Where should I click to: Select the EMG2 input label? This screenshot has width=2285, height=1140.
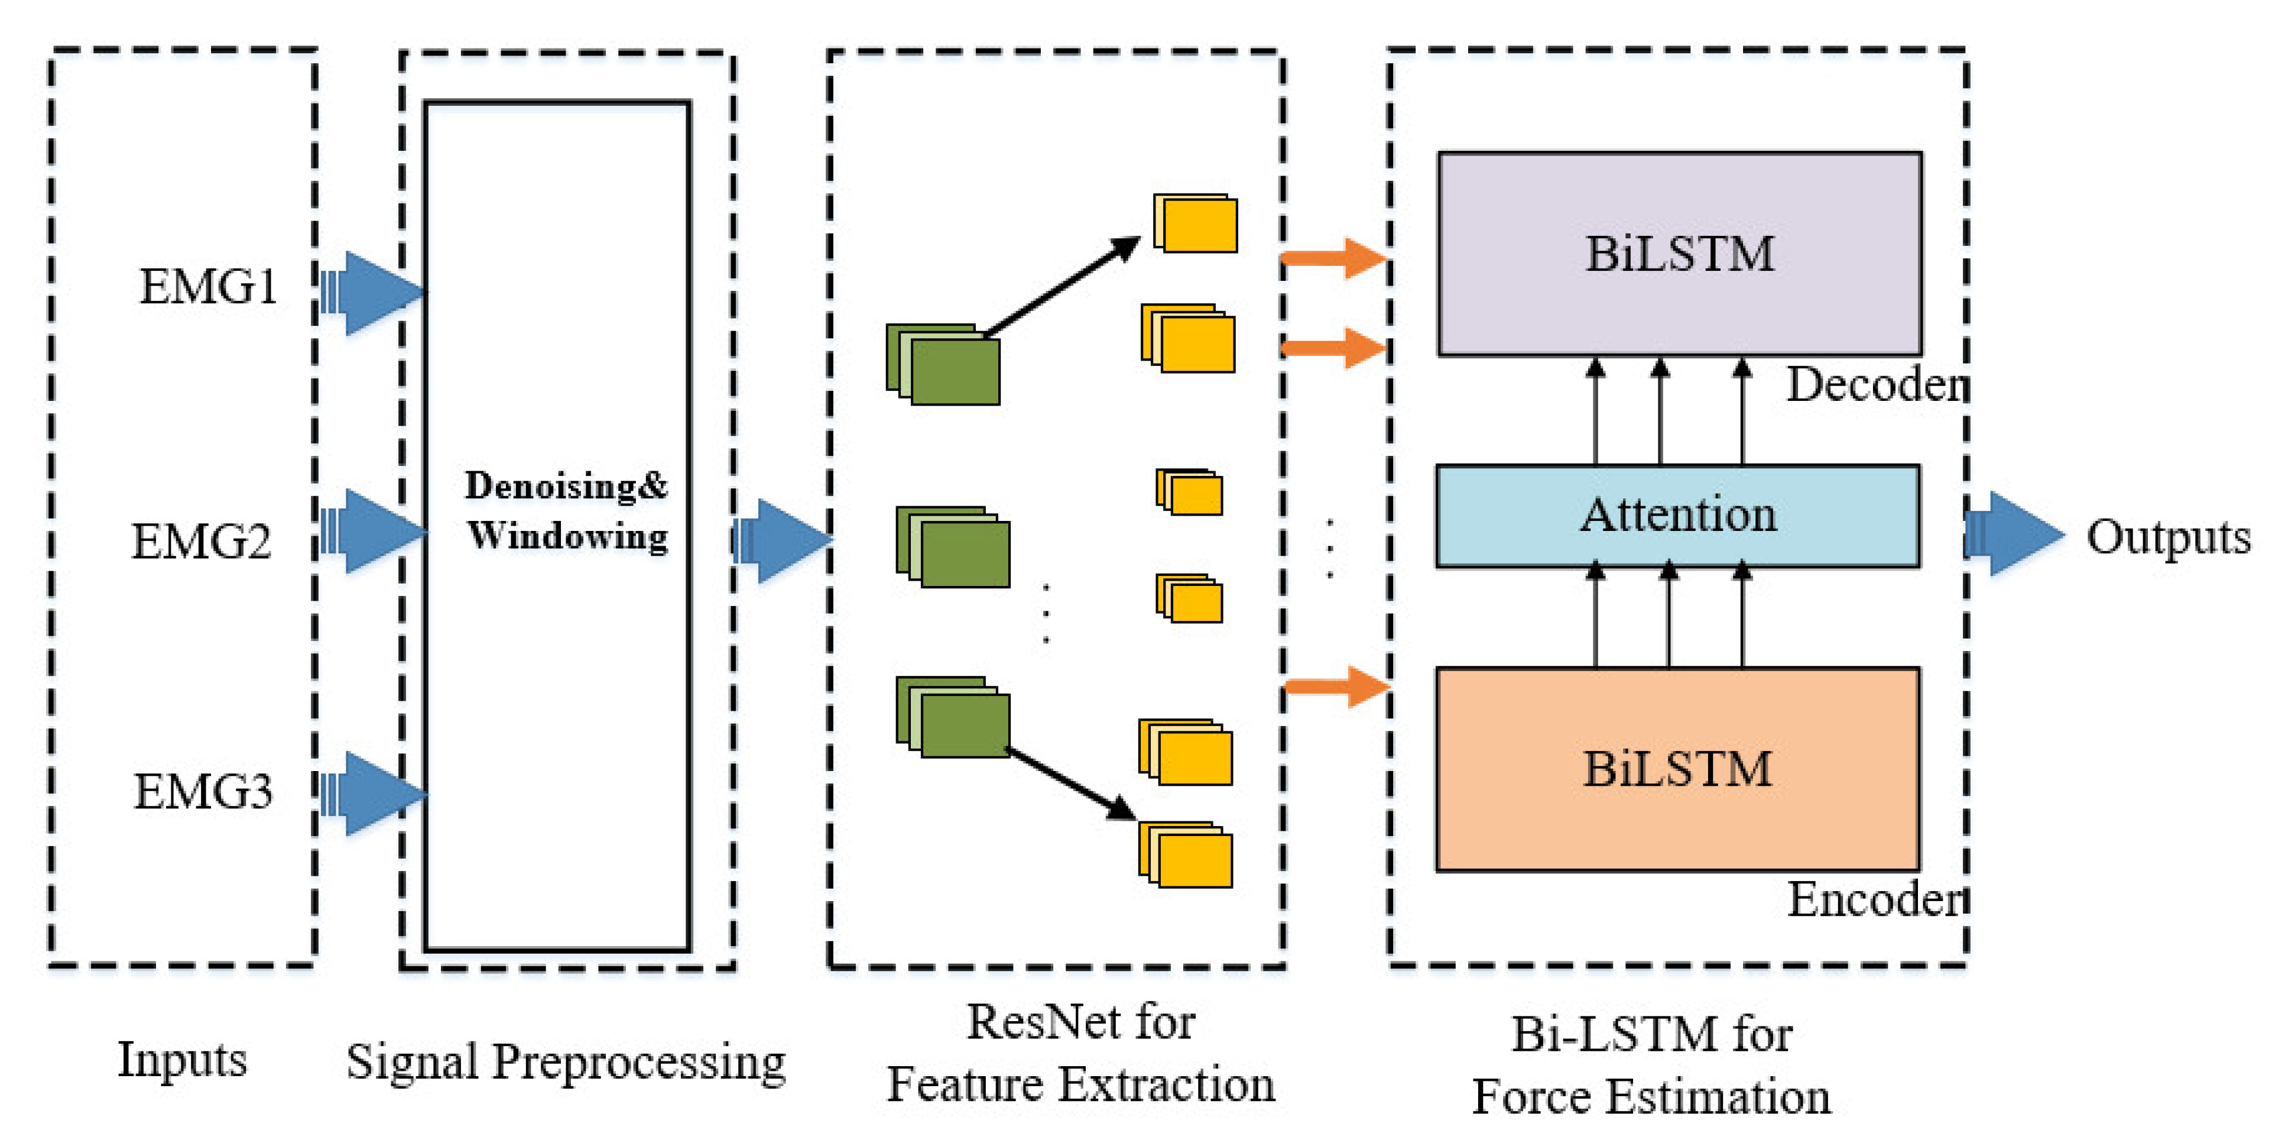point(202,541)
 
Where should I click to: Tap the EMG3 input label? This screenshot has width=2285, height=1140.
point(203,791)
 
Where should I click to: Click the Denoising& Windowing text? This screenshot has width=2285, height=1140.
point(566,511)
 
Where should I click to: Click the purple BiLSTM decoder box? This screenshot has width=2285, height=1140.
point(1679,254)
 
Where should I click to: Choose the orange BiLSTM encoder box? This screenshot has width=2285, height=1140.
point(1677,768)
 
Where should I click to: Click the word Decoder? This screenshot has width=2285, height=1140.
point(1876,385)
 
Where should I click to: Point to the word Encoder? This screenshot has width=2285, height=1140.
point(1876,899)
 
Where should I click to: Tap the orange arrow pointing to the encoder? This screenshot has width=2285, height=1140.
point(1337,686)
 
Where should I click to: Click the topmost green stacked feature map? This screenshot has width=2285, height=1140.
point(944,365)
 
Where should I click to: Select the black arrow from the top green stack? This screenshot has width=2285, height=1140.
point(1062,289)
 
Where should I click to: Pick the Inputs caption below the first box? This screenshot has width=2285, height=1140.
point(183,1059)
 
